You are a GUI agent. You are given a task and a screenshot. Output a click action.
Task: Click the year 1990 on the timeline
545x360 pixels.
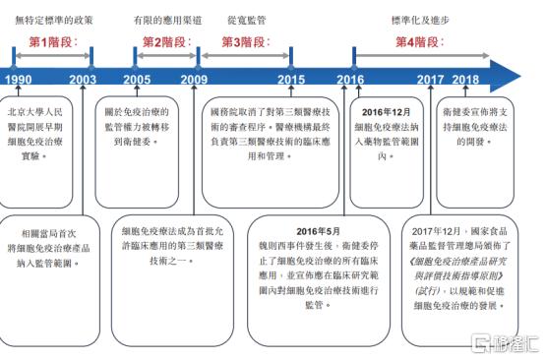[18, 80]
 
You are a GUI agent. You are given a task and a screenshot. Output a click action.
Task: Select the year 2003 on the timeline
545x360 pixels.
[84, 80]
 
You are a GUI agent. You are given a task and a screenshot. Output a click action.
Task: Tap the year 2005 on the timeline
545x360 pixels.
[137, 80]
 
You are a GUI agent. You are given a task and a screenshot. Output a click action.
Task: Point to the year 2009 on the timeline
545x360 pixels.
[194, 80]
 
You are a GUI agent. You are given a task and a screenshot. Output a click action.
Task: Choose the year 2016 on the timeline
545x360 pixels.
[349, 80]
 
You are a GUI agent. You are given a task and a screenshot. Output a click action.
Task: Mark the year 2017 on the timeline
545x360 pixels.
[430, 80]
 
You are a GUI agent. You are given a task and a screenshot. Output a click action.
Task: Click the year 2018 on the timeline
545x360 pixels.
[465, 80]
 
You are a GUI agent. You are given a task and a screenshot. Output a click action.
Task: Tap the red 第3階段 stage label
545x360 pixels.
[244, 42]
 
